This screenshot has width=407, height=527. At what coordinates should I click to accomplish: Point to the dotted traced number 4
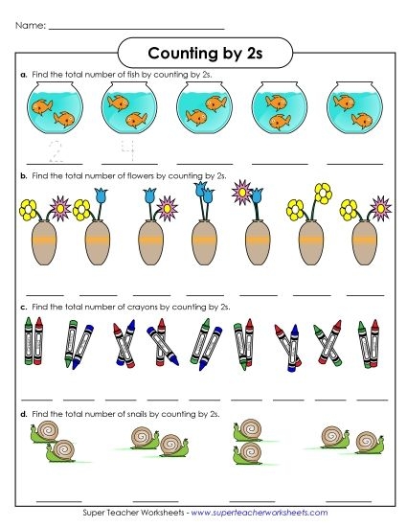(126, 150)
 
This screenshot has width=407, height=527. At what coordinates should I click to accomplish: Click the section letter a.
(23, 74)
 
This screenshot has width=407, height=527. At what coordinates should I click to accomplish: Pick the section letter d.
(23, 413)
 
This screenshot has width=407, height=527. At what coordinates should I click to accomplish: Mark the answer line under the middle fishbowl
(205, 163)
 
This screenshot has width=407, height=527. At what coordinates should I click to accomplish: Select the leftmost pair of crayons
(33, 343)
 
